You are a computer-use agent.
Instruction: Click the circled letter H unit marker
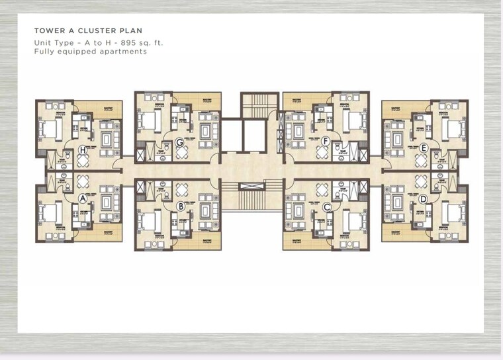coord(83,150)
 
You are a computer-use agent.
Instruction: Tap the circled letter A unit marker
coord(83,198)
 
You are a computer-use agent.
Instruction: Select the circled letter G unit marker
coord(179,141)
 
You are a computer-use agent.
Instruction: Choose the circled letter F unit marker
coord(325,141)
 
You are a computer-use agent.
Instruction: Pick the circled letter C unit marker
coord(326,206)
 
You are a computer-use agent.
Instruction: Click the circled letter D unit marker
coord(423,199)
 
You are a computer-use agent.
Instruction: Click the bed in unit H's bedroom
coord(50,128)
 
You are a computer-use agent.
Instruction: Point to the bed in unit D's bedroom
coord(455,213)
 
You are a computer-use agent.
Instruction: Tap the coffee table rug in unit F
coord(299,125)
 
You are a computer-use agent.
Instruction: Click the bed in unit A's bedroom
coord(50,213)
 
